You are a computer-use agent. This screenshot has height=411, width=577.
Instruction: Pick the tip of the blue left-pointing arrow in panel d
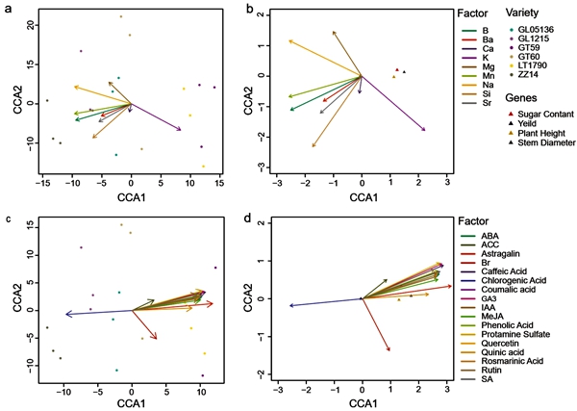289,306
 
